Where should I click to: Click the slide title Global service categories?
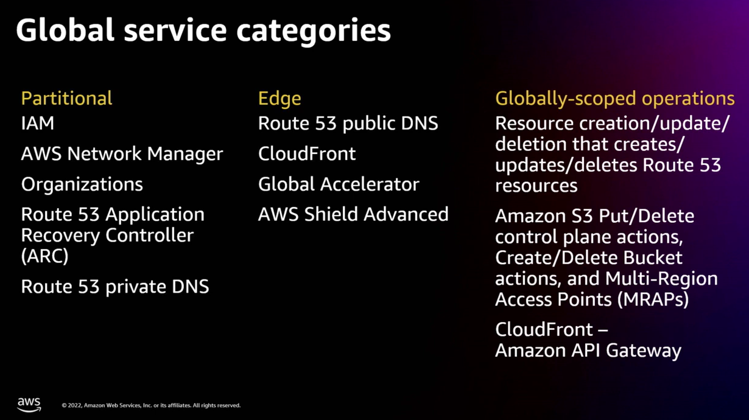[203, 30]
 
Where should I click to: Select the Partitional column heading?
[66, 98]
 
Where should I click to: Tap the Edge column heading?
[279, 98]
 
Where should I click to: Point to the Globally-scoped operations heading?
[614, 98]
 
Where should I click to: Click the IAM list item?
[38, 124]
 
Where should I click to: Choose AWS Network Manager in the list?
[122, 153]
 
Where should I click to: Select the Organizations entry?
[82, 184]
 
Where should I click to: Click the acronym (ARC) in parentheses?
[44, 256]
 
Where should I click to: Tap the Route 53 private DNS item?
[114, 286]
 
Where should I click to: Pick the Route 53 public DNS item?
[348, 124]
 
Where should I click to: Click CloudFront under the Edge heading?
[306, 153]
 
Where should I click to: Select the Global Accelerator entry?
[339, 184]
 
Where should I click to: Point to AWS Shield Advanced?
[353, 214]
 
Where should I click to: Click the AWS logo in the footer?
[29, 405]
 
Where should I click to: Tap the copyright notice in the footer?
[151, 405]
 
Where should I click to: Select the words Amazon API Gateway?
[588, 351]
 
